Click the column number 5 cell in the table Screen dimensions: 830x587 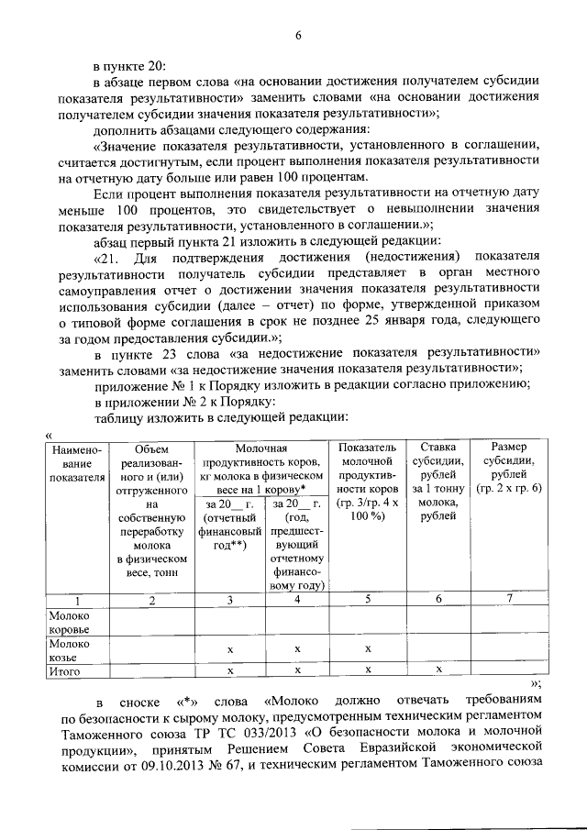tap(367, 601)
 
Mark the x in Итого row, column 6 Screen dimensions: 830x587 tap(438, 671)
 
